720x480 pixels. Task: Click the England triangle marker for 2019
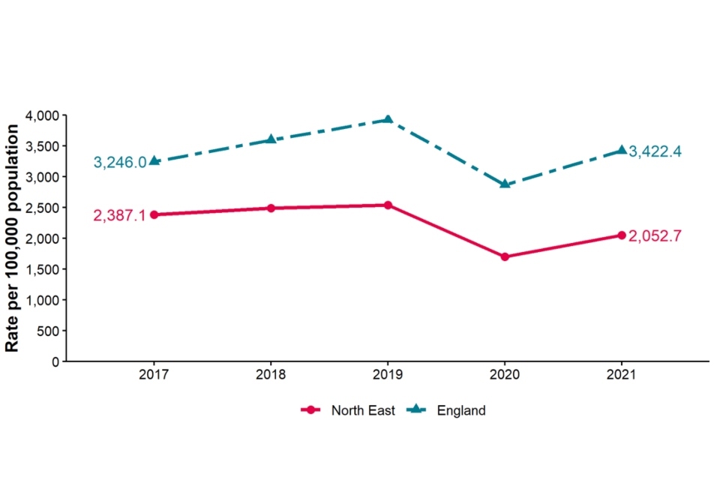tap(388, 119)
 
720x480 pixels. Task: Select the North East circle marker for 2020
tap(505, 256)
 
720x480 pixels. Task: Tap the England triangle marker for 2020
tap(505, 184)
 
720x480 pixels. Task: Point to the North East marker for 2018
tap(271, 208)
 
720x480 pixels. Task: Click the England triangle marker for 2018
tap(271, 139)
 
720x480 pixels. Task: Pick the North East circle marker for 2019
tap(388, 205)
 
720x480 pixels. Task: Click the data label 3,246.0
tap(120, 162)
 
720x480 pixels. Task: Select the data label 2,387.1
tap(120, 215)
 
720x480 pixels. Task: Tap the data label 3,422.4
tap(655, 151)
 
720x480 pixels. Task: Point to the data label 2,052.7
tap(655, 235)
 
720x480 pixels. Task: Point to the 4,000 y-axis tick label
tap(42, 115)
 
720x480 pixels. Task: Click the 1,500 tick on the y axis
tap(42, 269)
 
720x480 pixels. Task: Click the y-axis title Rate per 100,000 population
tap(13, 238)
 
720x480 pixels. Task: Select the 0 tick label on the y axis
tap(55, 361)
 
